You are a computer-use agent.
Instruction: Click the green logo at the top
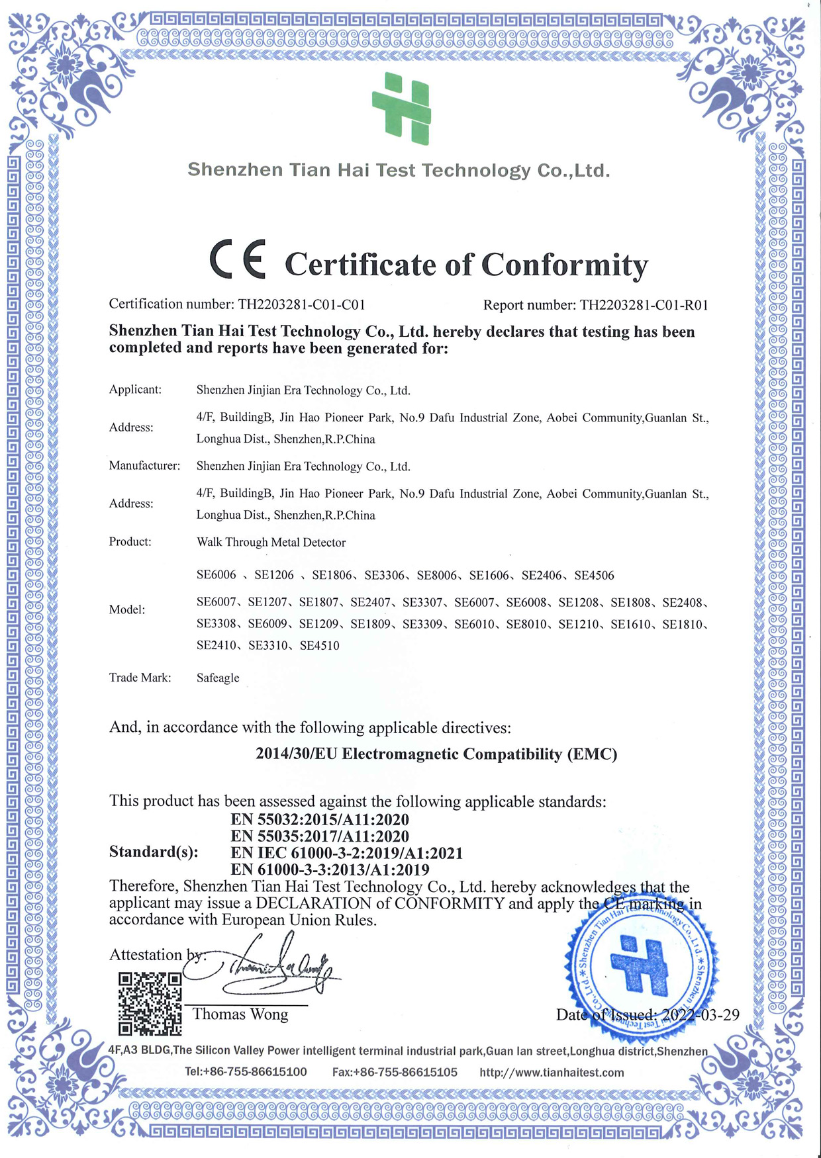coord(402,109)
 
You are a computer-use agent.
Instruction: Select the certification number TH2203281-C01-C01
coord(302,304)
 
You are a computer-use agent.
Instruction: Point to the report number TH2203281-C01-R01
coord(644,305)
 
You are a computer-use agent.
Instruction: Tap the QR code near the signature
coord(150,1003)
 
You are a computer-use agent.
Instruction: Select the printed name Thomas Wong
coord(240,1014)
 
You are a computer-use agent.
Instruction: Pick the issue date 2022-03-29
coord(700,1015)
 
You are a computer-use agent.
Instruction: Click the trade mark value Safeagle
coord(218,678)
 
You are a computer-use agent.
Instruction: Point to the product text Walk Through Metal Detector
coord(271,543)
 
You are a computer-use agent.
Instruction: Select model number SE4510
coord(319,646)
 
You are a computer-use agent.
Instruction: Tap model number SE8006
coord(437,575)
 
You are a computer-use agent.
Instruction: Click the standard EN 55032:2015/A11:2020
coord(320,819)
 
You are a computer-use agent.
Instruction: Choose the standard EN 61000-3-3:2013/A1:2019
coord(330,869)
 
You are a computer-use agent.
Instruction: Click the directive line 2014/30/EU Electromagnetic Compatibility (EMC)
coord(436,754)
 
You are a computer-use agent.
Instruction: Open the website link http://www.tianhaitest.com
coord(552,1072)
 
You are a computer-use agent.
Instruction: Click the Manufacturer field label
coord(144,466)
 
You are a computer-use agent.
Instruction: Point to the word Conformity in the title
coord(564,265)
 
